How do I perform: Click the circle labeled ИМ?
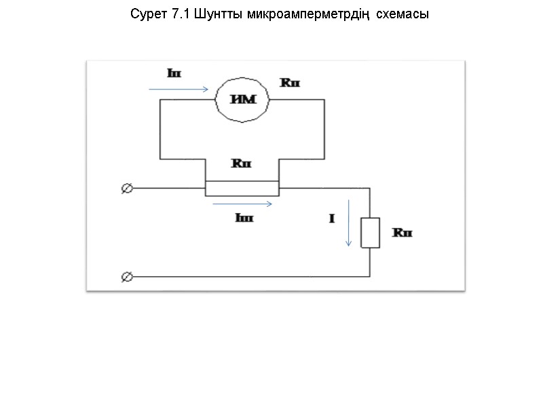(x=243, y=100)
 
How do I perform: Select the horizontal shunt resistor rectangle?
(x=242, y=189)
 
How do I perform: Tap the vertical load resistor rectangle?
(x=370, y=233)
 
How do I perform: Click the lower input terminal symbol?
(x=126, y=277)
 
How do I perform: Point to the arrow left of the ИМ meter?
(x=179, y=89)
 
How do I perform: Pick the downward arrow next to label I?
(x=349, y=222)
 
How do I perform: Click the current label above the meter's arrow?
(x=174, y=72)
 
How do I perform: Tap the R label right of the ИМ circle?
(x=290, y=83)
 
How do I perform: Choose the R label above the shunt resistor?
(x=242, y=163)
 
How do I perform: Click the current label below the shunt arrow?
(x=243, y=218)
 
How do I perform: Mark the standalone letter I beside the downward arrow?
(x=332, y=219)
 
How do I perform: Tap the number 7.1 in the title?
(x=179, y=14)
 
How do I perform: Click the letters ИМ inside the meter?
(x=243, y=100)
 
